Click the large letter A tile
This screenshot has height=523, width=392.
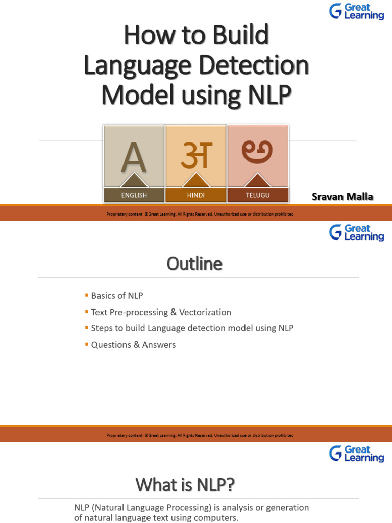click(134, 157)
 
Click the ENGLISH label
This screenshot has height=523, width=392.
click(134, 195)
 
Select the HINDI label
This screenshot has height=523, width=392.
click(195, 195)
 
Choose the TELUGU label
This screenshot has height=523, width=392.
click(257, 195)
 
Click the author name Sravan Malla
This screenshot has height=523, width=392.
click(342, 197)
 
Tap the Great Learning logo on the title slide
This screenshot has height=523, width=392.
click(357, 11)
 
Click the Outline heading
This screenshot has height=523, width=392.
click(194, 264)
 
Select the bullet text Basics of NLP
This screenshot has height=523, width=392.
click(116, 296)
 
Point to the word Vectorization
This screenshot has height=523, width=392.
click(204, 312)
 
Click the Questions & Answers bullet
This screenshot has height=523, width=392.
click(133, 345)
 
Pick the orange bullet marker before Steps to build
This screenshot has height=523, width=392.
click(86, 328)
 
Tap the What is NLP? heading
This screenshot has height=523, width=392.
click(185, 485)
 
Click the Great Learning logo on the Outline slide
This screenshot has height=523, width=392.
click(357, 232)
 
